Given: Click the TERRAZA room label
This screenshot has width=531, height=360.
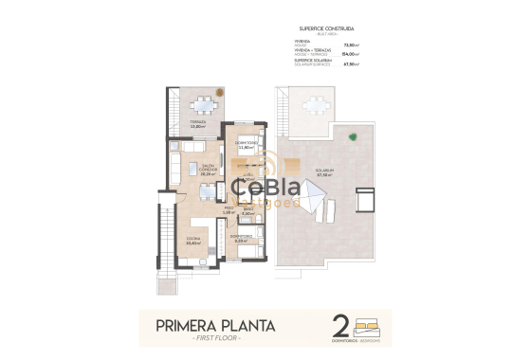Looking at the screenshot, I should [x=197, y=122].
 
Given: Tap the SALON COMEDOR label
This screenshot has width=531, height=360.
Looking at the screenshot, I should [x=208, y=168].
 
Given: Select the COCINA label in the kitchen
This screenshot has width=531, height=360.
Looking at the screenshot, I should [x=192, y=238].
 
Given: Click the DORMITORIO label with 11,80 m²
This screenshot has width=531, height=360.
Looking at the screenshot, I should [x=248, y=144].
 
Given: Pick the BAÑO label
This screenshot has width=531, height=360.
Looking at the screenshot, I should [x=247, y=209].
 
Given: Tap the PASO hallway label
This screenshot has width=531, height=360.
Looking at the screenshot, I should [x=228, y=209].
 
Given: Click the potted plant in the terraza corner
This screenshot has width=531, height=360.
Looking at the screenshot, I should [x=219, y=93].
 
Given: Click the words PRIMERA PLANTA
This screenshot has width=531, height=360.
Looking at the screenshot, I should [x=217, y=327].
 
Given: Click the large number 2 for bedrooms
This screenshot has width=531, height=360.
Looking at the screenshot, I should [x=340, y=327].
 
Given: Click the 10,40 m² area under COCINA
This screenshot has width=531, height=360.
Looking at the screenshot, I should [x=192, y=243].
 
